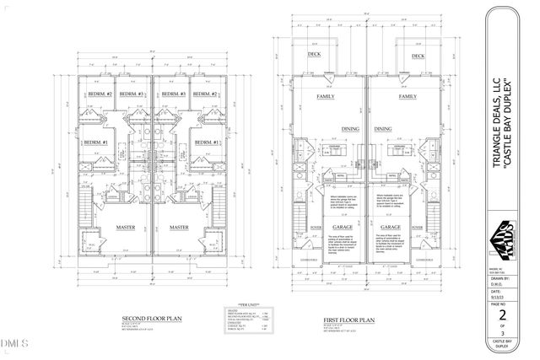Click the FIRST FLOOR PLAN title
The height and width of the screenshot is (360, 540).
[348, 320]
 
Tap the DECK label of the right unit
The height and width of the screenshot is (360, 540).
[417, 56]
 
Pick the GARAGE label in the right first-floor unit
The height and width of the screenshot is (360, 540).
[390, 227]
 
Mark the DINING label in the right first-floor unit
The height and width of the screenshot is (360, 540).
[384, 129]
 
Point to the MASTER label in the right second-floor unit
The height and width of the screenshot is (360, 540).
[179, 227]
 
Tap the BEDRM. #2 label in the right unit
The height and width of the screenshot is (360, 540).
[208, 93]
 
